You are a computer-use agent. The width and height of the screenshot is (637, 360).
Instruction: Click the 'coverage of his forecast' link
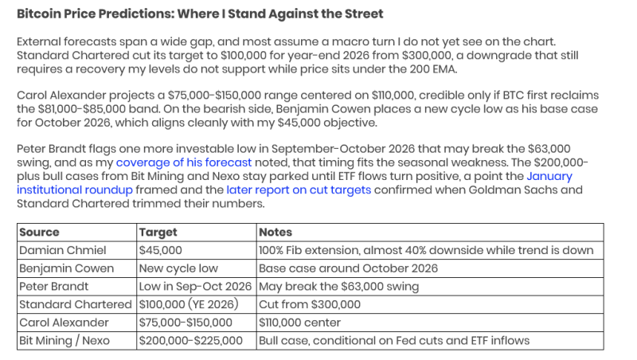tap(184, 162)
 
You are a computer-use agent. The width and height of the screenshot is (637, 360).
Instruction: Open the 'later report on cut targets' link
tap(299, 190)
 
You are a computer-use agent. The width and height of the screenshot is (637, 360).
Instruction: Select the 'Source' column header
tap(39, 232)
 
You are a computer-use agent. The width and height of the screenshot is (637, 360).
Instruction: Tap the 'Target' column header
tap(158, 233)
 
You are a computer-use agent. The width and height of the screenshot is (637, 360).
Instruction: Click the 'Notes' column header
tap(276, 232)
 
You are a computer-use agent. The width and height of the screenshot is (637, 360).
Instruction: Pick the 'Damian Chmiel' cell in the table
tap(63, 250)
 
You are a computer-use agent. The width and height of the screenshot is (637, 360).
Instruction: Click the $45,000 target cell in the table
tap(161, 250)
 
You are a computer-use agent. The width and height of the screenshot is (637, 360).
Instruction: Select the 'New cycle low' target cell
tap(178, 268)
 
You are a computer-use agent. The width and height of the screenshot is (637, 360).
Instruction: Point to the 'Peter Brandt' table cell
tap(53, 287)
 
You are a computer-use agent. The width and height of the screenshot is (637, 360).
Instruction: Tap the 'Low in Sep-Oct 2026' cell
tap(195, 287)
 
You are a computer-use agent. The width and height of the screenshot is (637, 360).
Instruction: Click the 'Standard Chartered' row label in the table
tap(76, 304)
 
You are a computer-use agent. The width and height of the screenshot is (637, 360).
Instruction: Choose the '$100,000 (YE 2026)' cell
tap(189, 304)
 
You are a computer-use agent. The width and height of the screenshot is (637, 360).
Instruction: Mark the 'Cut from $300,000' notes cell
tap(310, 304)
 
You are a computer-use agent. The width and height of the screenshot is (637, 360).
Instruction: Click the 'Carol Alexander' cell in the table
tap(64, 323)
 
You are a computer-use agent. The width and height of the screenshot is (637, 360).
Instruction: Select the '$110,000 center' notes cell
tap(300, 323)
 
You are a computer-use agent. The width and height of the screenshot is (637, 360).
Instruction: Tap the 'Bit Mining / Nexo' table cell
tap(64, 341)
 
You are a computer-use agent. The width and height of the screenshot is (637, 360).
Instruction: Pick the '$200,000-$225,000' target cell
tap(190, 341)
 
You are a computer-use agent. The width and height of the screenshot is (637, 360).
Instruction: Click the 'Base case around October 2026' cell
tap(348, 268)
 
